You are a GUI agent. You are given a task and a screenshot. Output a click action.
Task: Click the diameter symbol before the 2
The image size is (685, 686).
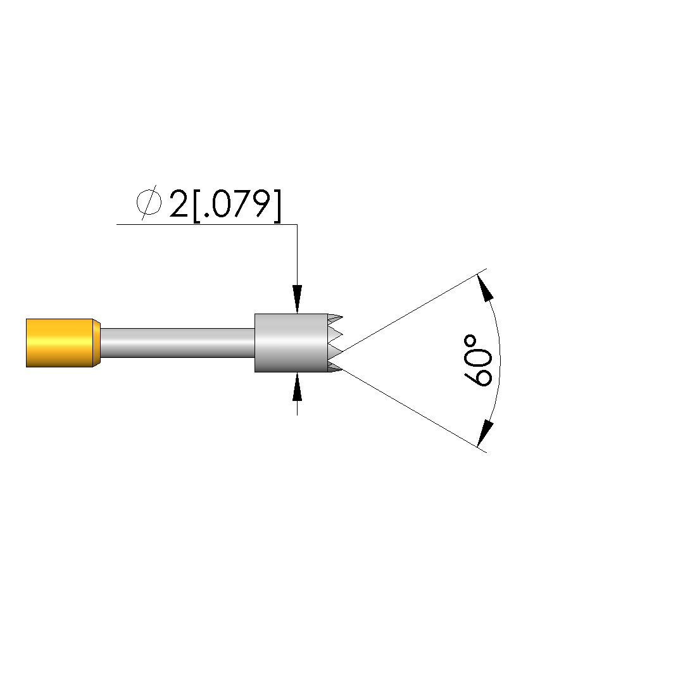[149, 203]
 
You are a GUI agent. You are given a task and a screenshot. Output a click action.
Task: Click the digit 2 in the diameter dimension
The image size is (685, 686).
[179, 204]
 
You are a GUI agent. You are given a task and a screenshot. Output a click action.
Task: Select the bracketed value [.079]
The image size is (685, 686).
[237, 205]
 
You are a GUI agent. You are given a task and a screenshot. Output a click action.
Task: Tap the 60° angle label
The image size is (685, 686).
[478, 361]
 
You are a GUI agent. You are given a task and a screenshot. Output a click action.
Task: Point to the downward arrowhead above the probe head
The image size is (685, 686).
[298, 299]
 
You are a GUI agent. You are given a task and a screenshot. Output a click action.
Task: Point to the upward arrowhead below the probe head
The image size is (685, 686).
[298, 387]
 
